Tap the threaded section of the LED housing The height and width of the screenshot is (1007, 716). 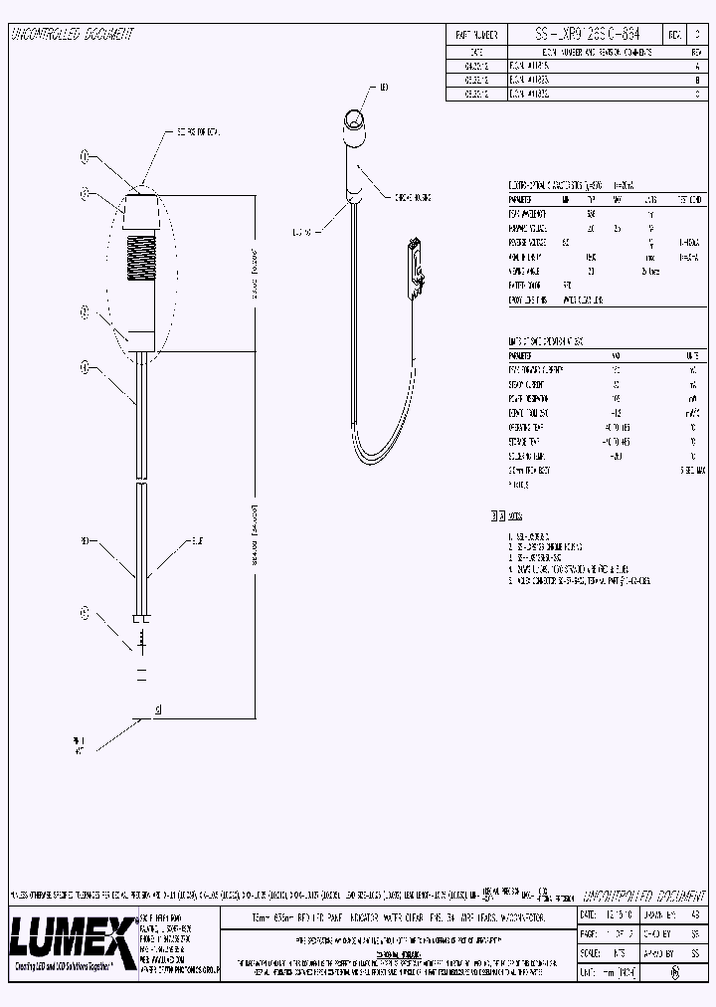140,259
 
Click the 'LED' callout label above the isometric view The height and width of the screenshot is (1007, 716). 384,89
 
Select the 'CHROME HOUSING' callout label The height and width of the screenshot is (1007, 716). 414,197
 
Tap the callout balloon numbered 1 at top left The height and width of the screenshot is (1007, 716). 85,157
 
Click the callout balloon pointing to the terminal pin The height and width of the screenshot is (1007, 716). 84,612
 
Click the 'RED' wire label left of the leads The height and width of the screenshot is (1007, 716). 87,542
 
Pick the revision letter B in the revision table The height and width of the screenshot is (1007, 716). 697,78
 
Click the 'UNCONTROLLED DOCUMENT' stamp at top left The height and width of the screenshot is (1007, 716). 72,34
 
